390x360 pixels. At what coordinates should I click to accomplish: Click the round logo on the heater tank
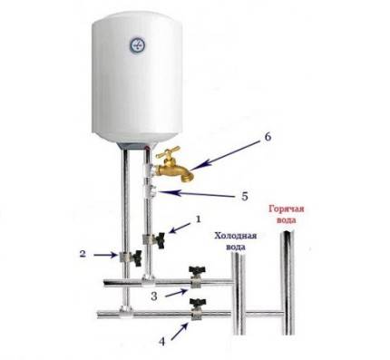tap(140, 44)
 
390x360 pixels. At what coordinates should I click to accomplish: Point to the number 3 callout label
tap(153, 297)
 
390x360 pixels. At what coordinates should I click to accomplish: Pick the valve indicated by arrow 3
tap(194, 273)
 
